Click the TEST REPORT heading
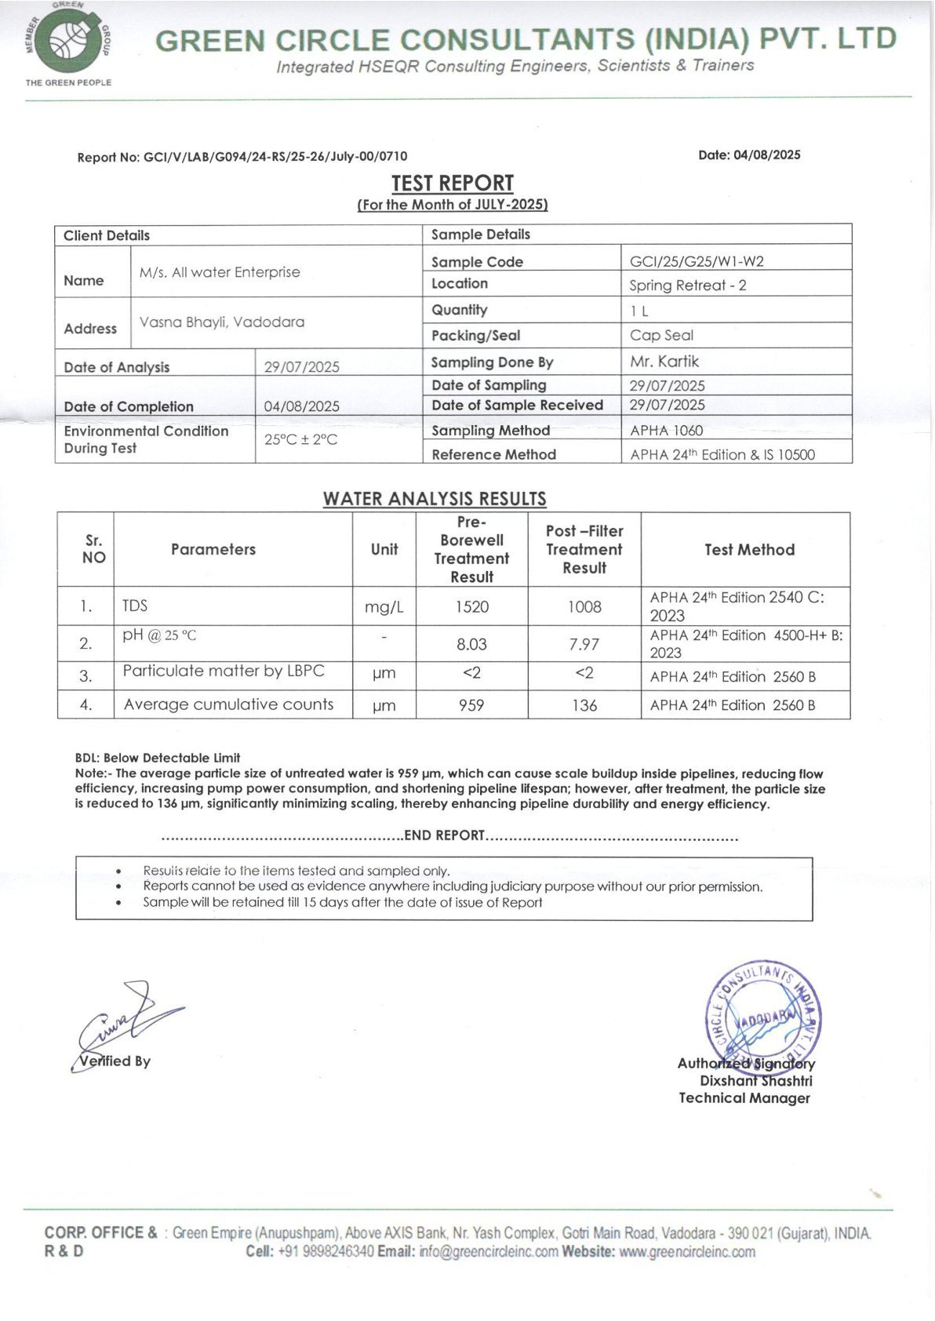click(453, 183)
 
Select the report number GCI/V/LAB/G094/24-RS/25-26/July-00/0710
click(275, 157)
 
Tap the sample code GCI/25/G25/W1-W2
click(697, 261)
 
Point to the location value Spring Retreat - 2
click(687, 285)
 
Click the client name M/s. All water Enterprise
click(220, 272)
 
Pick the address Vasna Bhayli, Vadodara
click(222, 322)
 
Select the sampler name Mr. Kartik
click(664, 362)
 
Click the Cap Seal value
click(661, 335)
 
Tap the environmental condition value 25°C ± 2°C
click(300, 439)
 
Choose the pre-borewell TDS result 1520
click(471, 606)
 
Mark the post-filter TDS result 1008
click(584, 606)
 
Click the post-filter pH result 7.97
click(584, 644)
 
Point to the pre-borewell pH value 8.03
click(471, 644)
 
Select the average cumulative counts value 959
click(471, 705)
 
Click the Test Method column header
click(749, 550)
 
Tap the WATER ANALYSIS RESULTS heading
click(435, 499)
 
